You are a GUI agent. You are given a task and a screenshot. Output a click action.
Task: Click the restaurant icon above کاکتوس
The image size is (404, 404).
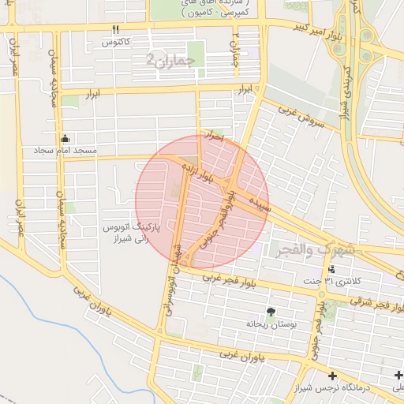tap(116, 28)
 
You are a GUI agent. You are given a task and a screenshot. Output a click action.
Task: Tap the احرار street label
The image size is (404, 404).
tap(214, 137)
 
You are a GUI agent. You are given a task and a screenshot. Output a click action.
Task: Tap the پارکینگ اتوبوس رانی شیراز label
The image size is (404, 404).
tap(132, 231)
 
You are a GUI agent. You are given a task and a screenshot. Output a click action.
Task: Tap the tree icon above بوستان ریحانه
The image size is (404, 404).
tap(272, 312)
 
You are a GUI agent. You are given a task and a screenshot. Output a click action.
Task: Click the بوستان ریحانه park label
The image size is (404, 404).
tap(271, 324)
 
